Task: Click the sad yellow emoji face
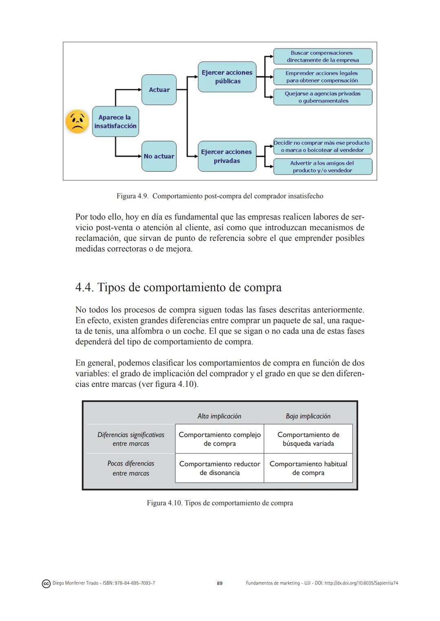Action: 77,121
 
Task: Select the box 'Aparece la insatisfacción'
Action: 115,122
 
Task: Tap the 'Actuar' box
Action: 159,90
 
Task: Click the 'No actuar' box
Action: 159,156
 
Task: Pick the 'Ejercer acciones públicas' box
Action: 227,77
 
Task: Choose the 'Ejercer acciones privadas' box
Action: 227,156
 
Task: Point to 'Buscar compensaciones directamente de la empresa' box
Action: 323,57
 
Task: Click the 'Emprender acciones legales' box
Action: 323,77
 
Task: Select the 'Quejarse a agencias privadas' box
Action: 323,97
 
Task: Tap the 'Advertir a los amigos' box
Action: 323,167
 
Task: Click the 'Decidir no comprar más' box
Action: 323,146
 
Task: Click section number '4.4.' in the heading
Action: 84,288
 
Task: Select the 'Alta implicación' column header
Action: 219,416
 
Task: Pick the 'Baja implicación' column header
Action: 308,416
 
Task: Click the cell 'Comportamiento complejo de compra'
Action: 220,439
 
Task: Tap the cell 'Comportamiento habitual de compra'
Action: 308,468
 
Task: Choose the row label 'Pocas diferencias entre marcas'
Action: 131,468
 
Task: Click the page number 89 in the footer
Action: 220,583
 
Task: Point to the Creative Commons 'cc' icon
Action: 46,584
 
